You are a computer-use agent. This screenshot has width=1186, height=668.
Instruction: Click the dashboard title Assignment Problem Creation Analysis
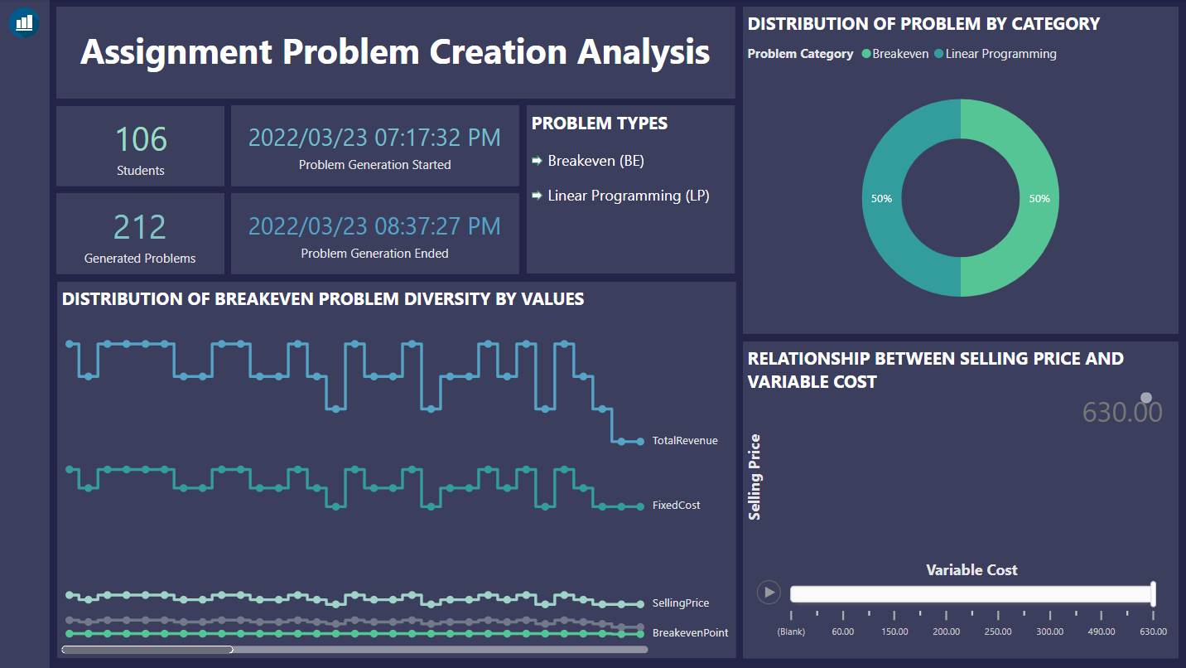coord(395,52)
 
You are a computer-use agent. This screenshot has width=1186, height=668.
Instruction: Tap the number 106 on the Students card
coord(141,139)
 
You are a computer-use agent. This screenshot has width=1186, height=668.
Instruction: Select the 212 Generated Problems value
coord(140,227)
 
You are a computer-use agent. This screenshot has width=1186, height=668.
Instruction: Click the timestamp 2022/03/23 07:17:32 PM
coord(374,138)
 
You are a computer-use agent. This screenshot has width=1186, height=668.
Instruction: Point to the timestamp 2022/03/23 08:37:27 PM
coord(374,225)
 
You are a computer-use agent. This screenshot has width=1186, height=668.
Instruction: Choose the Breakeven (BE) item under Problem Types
coord(595,161)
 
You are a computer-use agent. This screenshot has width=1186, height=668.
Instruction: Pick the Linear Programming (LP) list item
coord(628,196)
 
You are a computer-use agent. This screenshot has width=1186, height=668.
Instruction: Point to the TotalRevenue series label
coord(684,441)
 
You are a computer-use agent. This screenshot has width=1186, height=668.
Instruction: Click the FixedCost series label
coord(676,505)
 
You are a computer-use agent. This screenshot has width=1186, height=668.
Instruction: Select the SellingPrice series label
coord(680,603)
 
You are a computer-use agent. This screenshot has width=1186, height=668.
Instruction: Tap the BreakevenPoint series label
coord(690,632)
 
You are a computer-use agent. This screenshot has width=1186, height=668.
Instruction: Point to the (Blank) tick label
coord(791,631)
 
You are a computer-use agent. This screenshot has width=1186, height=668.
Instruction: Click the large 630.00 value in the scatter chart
coord(1122,412)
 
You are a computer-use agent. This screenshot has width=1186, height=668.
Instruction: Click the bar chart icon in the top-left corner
coord(24,22)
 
